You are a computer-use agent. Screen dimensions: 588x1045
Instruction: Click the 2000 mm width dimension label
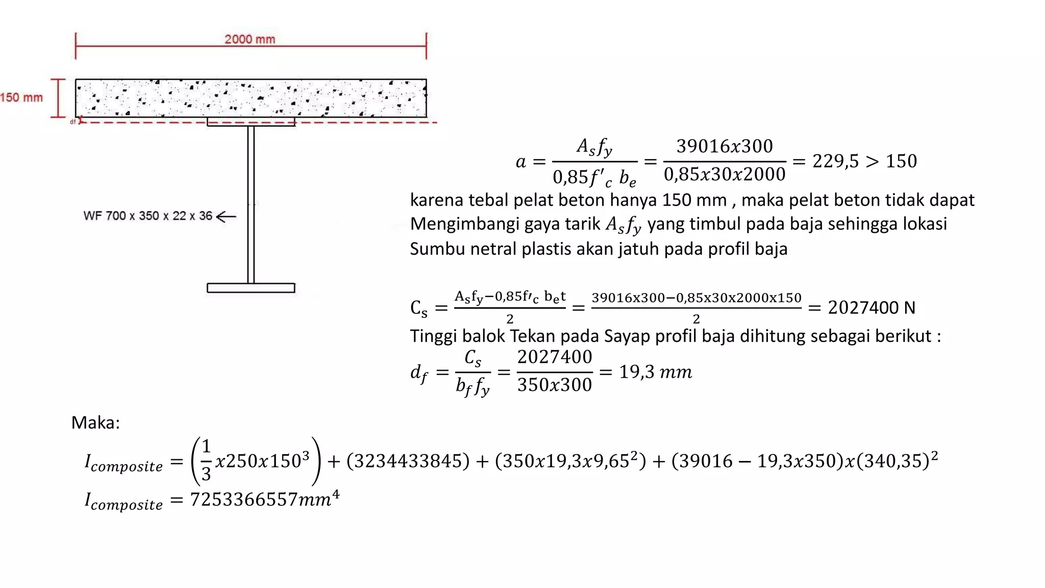(250, 39)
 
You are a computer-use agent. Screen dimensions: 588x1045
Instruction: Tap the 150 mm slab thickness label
(21, 97)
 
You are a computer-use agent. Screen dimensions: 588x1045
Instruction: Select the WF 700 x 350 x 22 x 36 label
(147, 216)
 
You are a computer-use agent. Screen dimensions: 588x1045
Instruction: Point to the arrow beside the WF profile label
(227, 216)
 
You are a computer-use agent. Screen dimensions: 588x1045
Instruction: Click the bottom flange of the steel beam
(251, 288)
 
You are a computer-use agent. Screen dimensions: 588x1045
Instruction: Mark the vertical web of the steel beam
(251, 204)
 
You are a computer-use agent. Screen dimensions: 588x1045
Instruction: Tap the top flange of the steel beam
(251, 122)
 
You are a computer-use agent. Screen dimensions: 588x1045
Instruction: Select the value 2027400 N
(871, 308)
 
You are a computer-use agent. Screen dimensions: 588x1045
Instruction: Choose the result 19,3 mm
(655, 372)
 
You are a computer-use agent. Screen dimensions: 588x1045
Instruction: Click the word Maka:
(95, 423)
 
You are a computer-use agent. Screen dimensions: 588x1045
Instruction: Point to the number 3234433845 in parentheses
(408, 461)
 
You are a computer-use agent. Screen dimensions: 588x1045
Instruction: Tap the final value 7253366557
(244, 500)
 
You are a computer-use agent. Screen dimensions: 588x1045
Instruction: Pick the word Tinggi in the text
(433, 336)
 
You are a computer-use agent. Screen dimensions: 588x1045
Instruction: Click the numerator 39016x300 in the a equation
(724, 146)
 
